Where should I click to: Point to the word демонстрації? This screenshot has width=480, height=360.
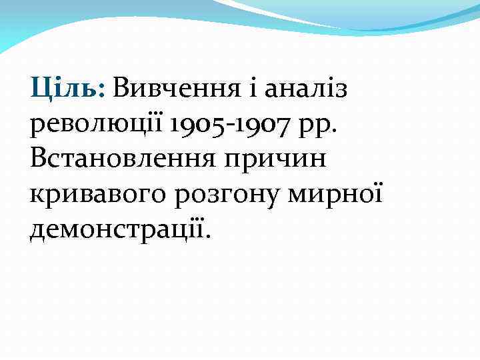click(x=117, y=230)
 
